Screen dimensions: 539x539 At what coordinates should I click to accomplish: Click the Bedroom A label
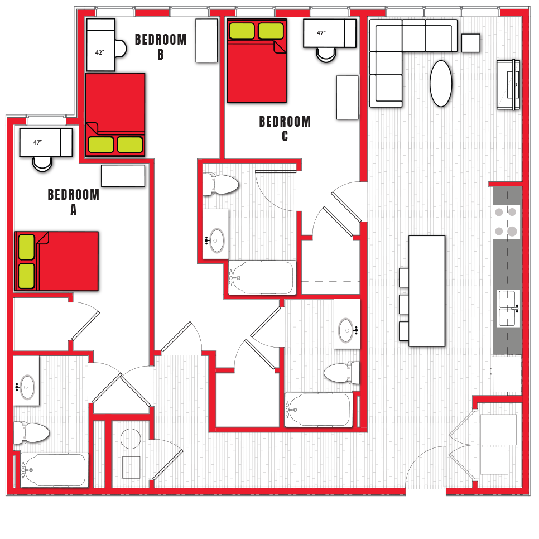click(x=74, y=201)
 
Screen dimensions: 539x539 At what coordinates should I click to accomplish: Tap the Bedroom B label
click(x=161, y=46)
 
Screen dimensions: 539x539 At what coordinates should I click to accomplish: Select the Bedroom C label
click(x=285, y=128)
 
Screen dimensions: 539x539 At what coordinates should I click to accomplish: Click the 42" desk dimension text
click(x=99, y=52)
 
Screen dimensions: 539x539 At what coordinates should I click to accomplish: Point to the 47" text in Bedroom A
click(x=37, y=142)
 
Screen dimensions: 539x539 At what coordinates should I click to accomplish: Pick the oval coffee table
click(x=441, y=83)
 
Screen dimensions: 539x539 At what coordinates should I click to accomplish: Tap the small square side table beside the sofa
click(x=470, y=43)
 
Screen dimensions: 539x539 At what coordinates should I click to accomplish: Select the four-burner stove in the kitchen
click(x=506, y=222)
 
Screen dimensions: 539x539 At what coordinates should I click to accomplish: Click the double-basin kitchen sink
click(x=508, y=308)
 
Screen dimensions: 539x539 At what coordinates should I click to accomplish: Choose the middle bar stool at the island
click(x=405, y=304)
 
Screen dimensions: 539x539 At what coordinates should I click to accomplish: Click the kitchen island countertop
click(x=427, y=291)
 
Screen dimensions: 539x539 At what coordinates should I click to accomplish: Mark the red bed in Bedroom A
click(x=57, y=261)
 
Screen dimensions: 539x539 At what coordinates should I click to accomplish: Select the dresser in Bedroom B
click(x=206, y=40)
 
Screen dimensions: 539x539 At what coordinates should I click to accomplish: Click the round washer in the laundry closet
click(x=131, y=439)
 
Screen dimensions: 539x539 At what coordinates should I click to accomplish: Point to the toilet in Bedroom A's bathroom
click(x=32, y=432)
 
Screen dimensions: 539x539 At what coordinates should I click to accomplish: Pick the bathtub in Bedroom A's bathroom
click(x=55, y=470)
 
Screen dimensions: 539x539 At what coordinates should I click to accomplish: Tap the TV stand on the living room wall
click(x=509, y=84)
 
